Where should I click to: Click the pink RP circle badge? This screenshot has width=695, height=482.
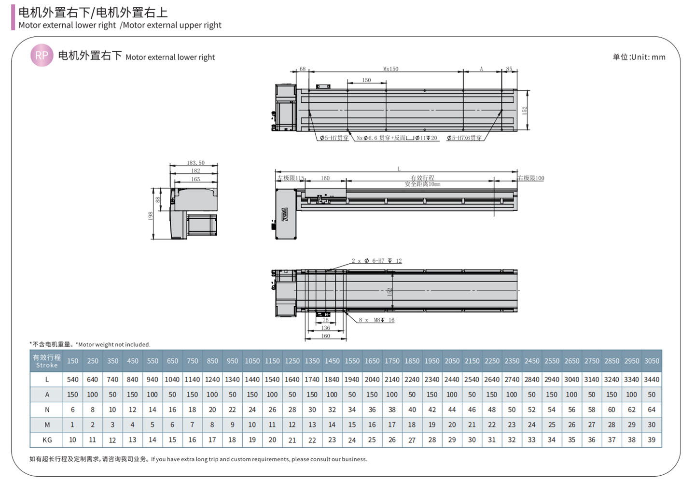(x=42, y=55)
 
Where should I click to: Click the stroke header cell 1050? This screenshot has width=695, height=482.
(x=252, y=361)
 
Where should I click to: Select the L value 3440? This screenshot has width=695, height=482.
(x=651, y=380)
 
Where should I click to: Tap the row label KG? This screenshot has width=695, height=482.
(x=47, y=440)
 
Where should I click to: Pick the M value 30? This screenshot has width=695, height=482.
(x=651, y=425)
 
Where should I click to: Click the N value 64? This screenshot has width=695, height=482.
(x=651, y=410)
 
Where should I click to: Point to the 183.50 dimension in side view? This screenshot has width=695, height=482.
(x=195, y=163)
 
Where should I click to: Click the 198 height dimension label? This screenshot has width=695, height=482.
(x=151, y=215)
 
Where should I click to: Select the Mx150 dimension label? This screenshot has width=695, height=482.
(x=390, y=69)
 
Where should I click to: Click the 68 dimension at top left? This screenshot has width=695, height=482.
(x=303, y=69)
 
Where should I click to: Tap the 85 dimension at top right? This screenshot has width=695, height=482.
(x=509, y=69)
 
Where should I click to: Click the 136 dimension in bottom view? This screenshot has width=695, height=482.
(x=326, y=328)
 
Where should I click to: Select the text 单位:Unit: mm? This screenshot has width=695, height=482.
(x=639, y=57)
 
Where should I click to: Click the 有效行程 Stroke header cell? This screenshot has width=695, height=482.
(x=47, y=361)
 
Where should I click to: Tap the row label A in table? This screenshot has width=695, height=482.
(x=47, y=395)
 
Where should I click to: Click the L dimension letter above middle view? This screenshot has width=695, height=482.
(x=399, y=169)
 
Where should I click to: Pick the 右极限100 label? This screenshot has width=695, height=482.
(x=531, y=178)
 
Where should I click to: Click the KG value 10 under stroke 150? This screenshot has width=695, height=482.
(x=72, y=440)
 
